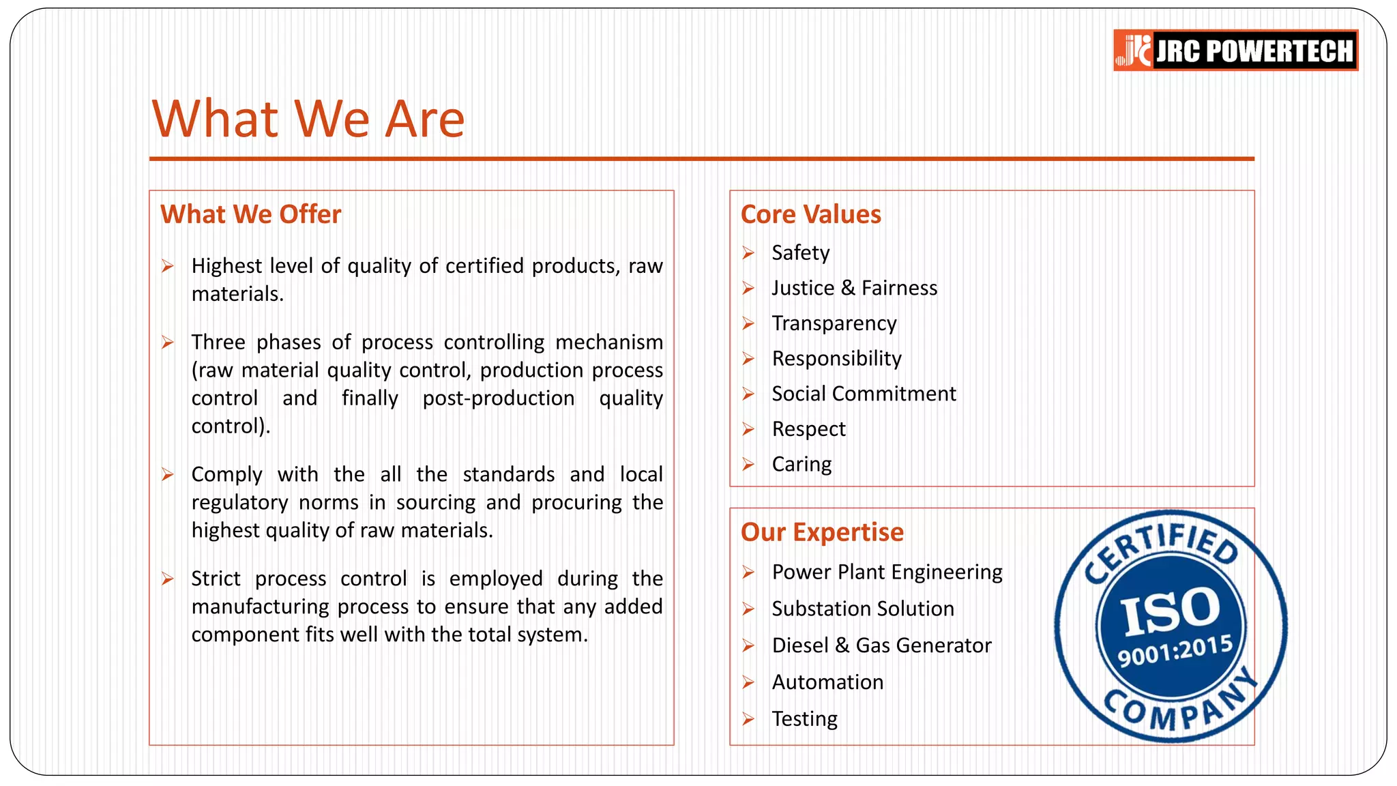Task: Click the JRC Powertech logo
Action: [1235, 50]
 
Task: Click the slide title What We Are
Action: [308, 119]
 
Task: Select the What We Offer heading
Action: [250, 214]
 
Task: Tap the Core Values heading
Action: [810, 214]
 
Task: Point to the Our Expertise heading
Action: [822, 532]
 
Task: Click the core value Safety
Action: [800, 253]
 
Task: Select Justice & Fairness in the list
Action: [854, 288]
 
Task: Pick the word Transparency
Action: [834, 323]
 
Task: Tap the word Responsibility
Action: [836, 359]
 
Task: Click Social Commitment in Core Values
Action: [864, 394]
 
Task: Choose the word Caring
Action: [802, 465]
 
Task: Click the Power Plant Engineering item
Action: [887, 572]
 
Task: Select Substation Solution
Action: [863, 609]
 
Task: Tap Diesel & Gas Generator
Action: [881, 645]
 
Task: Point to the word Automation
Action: [827, 682]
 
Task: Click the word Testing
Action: [804, 719]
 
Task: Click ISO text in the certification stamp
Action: [1171, 611]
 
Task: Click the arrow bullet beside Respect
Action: [748, 429]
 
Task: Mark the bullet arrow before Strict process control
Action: [168, 579]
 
